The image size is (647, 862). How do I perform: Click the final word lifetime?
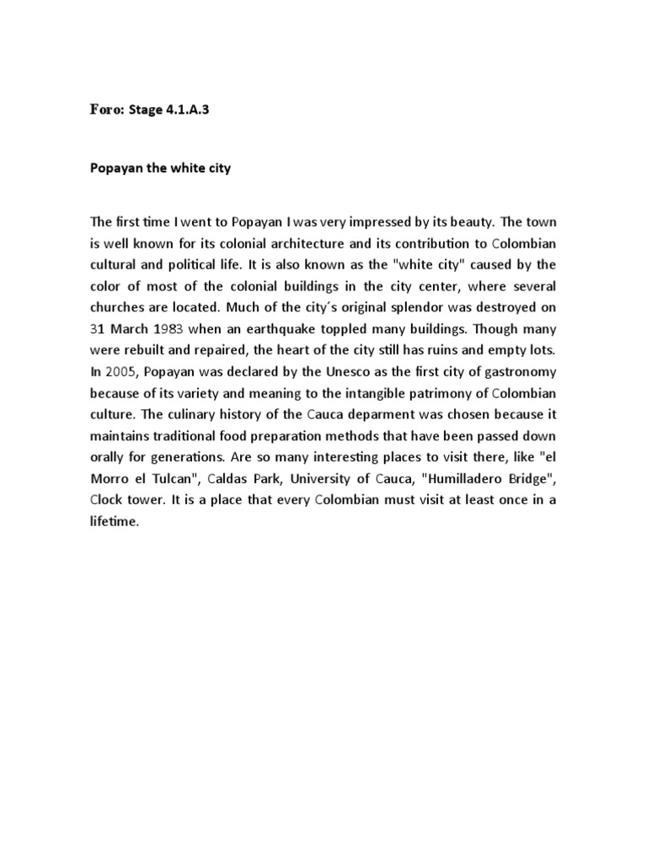click(114, 522)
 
